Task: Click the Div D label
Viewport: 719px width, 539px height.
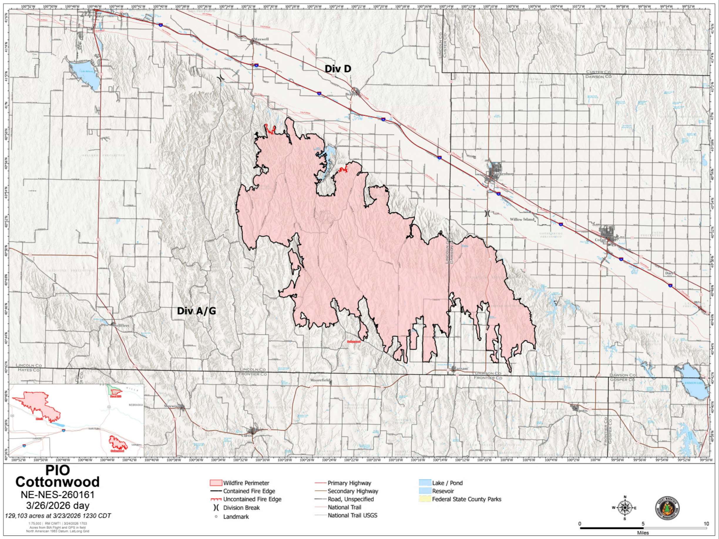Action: [x=338, y=69]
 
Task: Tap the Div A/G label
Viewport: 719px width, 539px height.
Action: [x=196, y=311]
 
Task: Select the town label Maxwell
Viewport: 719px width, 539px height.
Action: [x=261, y=39]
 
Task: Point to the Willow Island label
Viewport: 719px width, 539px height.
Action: [x=522, y=219]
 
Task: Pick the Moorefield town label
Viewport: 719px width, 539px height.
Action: [x=321, y=380]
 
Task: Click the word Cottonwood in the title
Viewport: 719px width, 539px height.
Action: [x=58, y=482]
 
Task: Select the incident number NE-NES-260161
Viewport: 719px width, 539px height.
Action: [x=58, y=495]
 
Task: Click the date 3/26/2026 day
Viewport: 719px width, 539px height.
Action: [x=58, y=506]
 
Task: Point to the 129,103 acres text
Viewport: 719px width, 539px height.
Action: [x=58, y=516]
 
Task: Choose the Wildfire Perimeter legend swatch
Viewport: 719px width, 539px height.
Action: [x=216, y=483]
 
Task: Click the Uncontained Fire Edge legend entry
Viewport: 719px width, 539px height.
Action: [x=252, y=499]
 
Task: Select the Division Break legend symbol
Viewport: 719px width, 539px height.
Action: [x=216, y=508]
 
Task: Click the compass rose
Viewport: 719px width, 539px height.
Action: [x=624, y=508]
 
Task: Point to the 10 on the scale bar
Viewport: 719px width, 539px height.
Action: [x=706, y=524]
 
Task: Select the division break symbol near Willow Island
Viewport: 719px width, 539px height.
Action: [x=487, y=213]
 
